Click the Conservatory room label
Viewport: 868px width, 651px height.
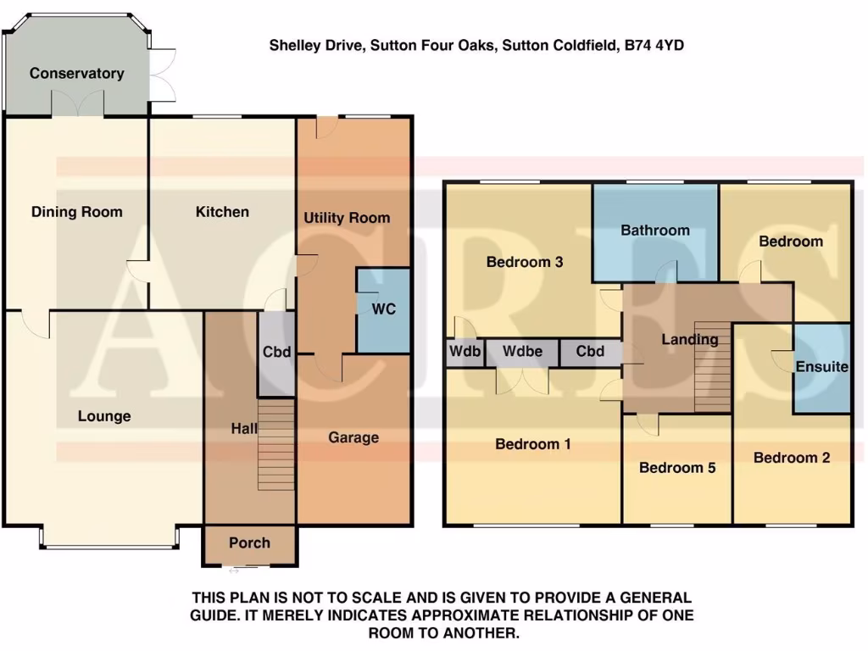pos(76,74)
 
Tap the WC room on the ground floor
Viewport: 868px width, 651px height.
pos(384,309)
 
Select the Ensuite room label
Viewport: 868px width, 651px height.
pos(821,367)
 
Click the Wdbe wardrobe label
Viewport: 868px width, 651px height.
pos(522,352)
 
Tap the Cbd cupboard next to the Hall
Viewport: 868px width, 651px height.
pos(276,352)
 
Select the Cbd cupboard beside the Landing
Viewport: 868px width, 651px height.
pos(590,352)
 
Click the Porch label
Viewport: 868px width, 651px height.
pos(249,542)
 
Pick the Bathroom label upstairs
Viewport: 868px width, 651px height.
pos(654,230)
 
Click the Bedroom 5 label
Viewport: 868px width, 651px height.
pos(676,468)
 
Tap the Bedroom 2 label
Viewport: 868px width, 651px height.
pos(791,458)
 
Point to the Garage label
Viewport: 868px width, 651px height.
pos(353,437)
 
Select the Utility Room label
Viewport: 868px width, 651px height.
pos(347,218)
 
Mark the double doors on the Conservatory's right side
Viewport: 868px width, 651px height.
pos(163,74)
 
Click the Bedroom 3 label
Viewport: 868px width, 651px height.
pos(525,262)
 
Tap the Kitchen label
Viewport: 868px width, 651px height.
pos(222,212)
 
